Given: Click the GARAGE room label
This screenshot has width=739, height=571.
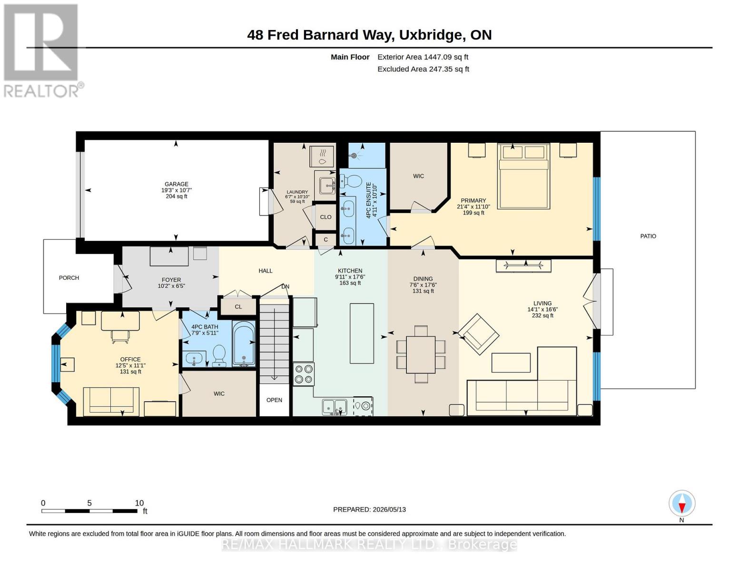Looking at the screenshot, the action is (176, 184).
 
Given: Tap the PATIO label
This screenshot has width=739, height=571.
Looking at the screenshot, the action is (648, 236).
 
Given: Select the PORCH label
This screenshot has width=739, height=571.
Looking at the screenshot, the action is (69, 278).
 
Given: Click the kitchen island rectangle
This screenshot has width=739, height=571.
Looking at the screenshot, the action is (362, 333).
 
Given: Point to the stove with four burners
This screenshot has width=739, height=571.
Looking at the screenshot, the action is (303, 374).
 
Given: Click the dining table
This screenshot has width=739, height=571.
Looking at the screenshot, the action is (421, 354).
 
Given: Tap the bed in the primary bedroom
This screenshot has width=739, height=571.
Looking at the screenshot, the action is (523, 176).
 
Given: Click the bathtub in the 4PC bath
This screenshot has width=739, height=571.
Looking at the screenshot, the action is (244, 344).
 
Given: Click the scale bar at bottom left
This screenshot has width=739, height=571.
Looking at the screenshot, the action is (89, 511).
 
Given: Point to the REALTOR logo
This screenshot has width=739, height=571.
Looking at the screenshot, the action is (41, 50).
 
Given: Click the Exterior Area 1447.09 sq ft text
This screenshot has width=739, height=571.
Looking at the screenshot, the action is (423, 57).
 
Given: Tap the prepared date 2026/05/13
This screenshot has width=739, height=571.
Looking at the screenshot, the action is (389, 510).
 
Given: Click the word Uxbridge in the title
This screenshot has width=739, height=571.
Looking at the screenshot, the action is (430, 35).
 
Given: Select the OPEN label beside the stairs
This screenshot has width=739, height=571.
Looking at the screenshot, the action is (274, 400).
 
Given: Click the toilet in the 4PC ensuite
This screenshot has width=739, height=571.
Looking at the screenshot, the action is (351, 181).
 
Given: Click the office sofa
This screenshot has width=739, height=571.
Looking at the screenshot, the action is (111, 401).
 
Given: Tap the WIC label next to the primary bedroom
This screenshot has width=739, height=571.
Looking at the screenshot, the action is (418, 176).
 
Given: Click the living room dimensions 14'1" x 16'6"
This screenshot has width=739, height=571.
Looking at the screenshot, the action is (542, 309).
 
